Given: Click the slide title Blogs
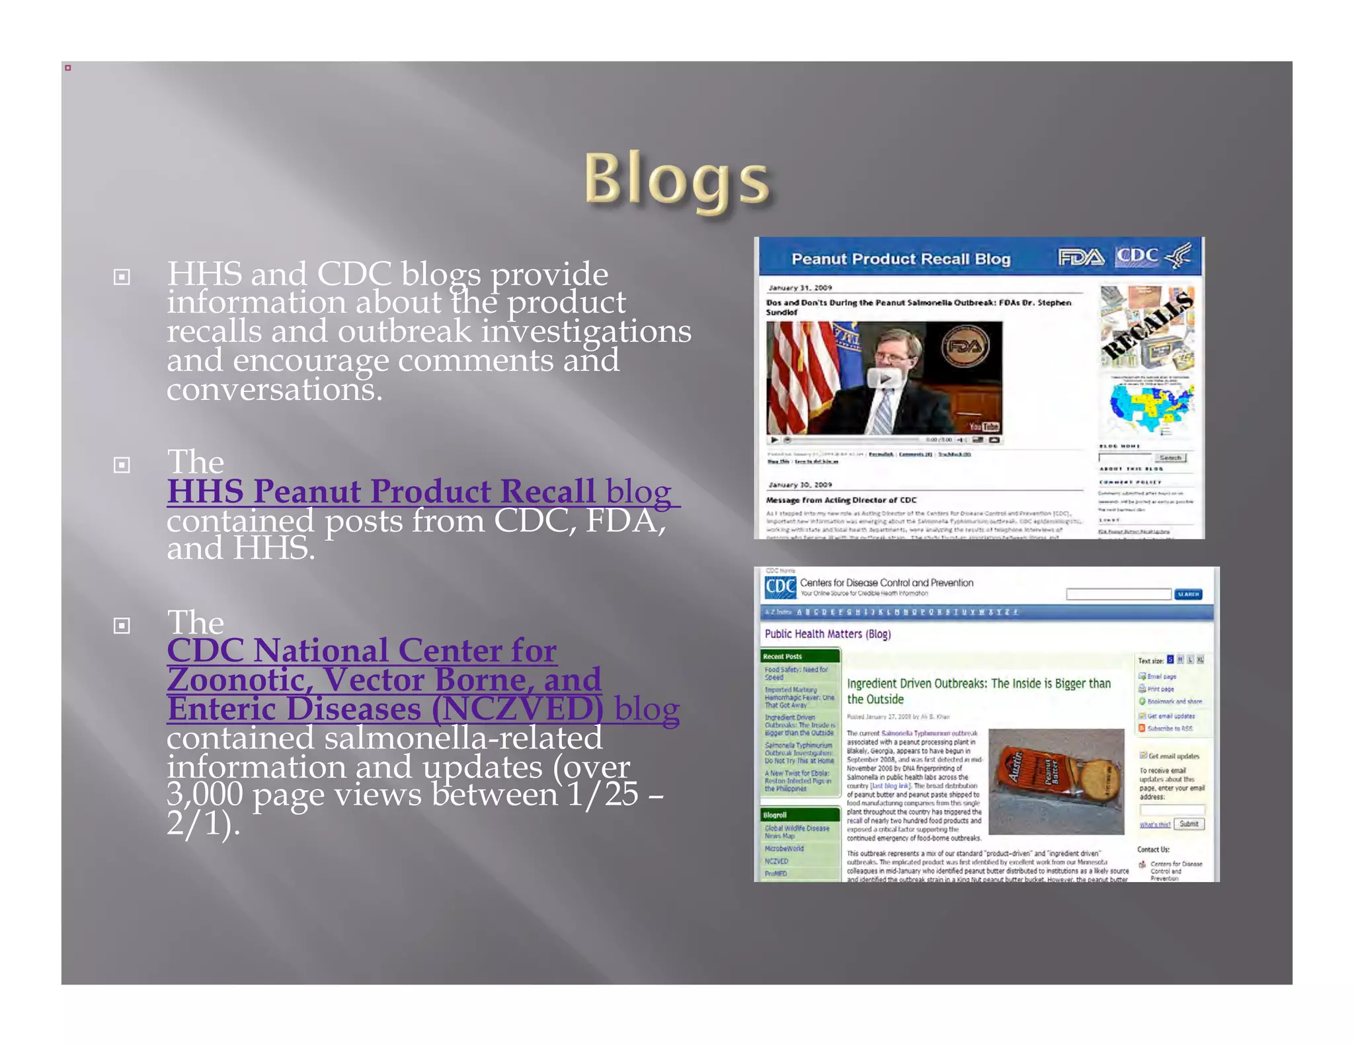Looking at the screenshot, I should click(676, 179).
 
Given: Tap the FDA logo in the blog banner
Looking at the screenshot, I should click(1080, 257).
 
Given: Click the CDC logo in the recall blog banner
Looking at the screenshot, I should click(1137, 256).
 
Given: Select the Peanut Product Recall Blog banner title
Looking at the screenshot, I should click(900, 259).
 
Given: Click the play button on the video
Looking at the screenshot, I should click(883, 379).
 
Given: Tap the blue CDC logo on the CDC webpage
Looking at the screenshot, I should click(780, 587).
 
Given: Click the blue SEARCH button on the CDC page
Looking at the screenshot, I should click(1187, 594).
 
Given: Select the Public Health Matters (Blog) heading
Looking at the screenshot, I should click(827, 634).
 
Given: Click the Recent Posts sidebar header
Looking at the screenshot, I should click(783, 657).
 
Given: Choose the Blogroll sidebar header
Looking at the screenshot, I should click(775, 815).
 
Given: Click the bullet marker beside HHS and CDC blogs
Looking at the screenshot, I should click(122, 276).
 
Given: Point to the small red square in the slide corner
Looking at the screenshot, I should click(67, 67).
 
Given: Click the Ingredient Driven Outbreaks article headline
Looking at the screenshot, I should click(978, 691).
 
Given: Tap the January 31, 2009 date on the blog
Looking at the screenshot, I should click(800, 288).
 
